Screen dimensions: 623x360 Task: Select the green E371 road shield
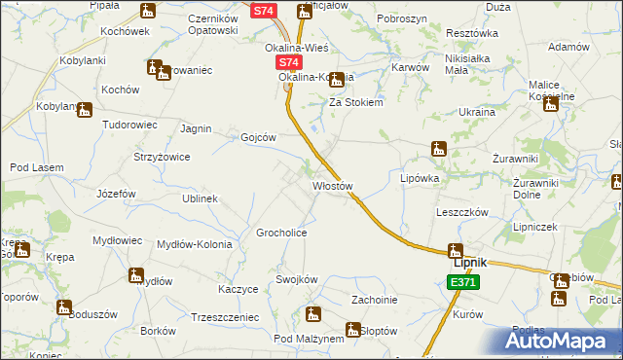[x=463, y=282]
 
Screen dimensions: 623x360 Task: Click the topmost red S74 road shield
[x=264, y=11]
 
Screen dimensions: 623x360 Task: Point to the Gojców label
[x=259, y=137]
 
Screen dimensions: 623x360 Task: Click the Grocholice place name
[x=281, y=234]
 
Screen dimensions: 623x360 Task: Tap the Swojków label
[x=297, y=279]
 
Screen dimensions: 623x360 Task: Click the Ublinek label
[x=199, y=198]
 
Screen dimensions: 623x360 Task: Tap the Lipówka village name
[x=421, y=179]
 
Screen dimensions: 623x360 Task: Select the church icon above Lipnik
[x=455, y=249]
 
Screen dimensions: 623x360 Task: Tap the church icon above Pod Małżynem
[x=312, y=313]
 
